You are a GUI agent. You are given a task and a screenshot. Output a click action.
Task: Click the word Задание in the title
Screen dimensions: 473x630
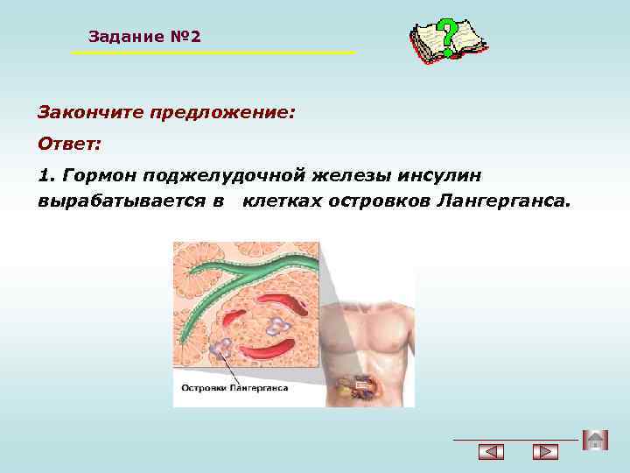point(125,37)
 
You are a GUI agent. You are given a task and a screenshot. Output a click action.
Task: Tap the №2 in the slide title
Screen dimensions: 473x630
point(184,37)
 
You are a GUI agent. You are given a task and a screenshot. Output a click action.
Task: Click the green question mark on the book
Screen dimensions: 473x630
point(447,36)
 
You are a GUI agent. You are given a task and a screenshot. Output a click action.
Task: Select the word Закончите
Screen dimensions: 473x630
point(89,114)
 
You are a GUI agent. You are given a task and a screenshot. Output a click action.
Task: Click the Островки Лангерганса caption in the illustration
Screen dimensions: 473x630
point(234,386)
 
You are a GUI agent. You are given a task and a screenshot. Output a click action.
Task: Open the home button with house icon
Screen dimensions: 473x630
point(595,441)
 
